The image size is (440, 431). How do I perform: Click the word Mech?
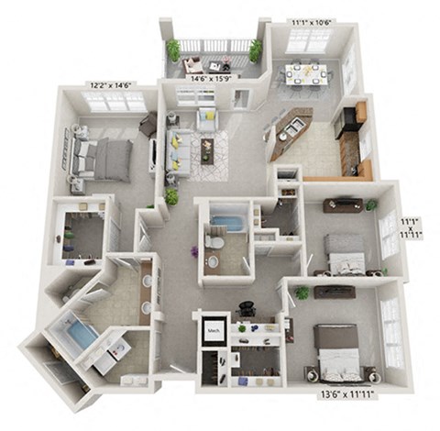click(x=214, y=329)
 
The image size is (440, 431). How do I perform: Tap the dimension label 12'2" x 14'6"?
click(x=110, y=84)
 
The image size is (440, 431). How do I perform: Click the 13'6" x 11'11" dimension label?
click(x=347, y=396)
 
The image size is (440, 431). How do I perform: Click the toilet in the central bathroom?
click(x=213, y=244)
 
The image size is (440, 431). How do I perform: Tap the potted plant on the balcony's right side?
click(x=255, y=50)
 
